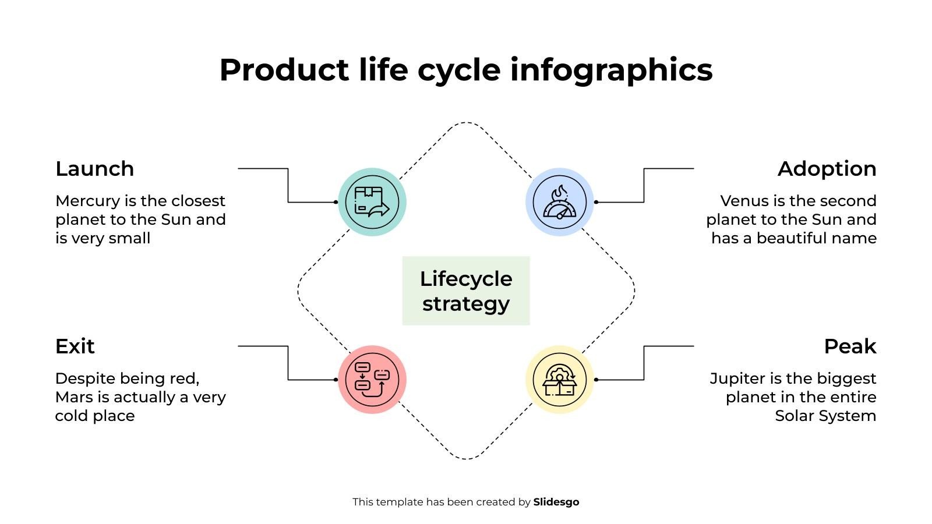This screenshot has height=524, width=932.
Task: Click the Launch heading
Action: [x=95, y=169]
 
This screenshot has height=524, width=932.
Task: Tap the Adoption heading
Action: [x=827, y=169]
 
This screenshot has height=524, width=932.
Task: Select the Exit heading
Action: [x=75, y=346]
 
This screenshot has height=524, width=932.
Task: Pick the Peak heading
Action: [x=850, y=346]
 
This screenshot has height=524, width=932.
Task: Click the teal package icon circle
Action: [x=372, y=202]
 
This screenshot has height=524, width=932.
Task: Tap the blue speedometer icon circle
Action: [x=559, y=202]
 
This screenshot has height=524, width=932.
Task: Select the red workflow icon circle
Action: [x=372, y=380]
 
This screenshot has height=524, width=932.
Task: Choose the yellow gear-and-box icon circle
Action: [x=559, y=380]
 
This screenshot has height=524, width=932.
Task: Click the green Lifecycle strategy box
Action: [x=466, y=291]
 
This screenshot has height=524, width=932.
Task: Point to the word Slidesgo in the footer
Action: [x=556, y=502]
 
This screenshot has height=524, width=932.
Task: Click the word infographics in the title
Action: [x=611, y=70]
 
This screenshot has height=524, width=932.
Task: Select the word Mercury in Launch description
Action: [x=87, y=201]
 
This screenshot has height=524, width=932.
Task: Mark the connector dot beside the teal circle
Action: [x=336, y=202]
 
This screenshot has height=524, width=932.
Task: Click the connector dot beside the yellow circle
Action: [x=596, y=380]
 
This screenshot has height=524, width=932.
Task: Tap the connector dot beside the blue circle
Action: [x=596, y=202]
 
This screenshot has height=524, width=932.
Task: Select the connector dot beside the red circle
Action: [x=336, y=380]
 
